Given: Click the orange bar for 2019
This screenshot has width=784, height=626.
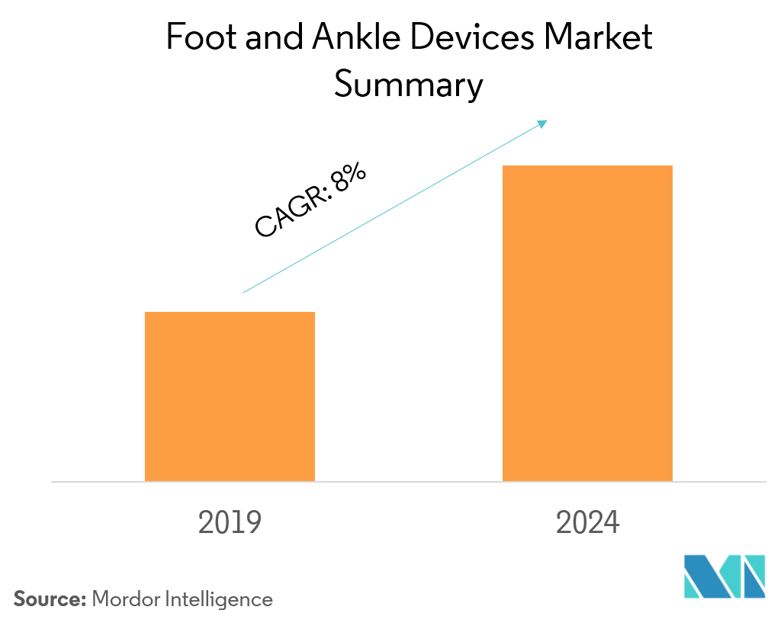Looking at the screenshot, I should point(230,396).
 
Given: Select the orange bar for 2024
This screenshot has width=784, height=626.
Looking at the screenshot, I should point(587,323).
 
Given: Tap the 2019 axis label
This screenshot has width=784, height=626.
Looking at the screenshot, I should point(230,523).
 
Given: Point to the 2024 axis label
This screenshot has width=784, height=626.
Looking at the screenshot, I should point(587,523).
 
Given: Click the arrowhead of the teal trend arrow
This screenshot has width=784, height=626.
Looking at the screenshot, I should point(543,123).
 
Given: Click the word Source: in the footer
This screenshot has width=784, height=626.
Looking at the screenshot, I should point(50,599).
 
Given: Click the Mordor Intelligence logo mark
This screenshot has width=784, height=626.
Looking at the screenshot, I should point(724,577).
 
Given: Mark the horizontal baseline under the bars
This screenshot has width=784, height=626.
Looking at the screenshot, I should point(408,482).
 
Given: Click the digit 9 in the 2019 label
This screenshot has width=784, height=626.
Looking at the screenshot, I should point(253,523).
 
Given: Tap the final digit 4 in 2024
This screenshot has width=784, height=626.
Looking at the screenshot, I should point(612,523).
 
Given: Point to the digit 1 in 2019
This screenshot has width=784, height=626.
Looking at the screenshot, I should point(239,523).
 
